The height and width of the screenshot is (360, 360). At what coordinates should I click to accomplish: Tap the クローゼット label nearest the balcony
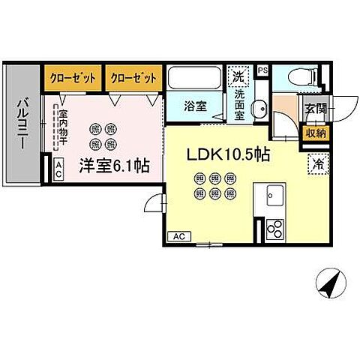click(x=73, y=76)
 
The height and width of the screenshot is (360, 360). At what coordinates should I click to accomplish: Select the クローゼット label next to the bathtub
click(x=133, y=76)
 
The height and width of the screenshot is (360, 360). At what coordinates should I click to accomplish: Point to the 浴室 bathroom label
click(x=196, y=106)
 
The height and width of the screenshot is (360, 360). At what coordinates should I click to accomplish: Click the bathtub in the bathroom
click(x=196, y=79)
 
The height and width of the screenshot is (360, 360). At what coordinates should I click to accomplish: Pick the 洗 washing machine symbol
click(x=238, y=76)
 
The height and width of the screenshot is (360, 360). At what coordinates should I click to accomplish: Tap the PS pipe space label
click(x=262, y=70)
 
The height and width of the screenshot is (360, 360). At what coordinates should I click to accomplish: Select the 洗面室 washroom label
click(x=239, y=106)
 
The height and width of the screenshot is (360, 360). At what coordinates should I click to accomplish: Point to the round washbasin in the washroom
click(x=259, y=107)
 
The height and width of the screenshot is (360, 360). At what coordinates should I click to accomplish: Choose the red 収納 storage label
click(x=314, y=133)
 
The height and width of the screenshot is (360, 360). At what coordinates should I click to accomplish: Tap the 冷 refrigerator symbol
click(x=316, y=160)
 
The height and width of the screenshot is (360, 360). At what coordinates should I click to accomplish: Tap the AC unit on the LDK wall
click(x=178, y=237)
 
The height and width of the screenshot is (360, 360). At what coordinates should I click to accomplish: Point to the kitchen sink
click(x=270, y=199)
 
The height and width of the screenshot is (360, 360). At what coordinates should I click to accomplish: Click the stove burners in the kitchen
click(x=274, y=228)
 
